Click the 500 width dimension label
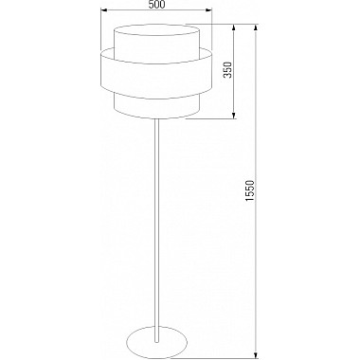[156, 5]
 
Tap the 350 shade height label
[228, 70]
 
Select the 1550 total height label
[250, 191]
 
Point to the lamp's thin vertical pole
[156, 230]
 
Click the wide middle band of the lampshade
[156, 75]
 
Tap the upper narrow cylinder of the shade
[156, 45]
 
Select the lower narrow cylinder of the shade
[156, 106]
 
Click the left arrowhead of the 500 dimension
[103, 10]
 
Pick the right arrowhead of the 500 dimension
[208, 10]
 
